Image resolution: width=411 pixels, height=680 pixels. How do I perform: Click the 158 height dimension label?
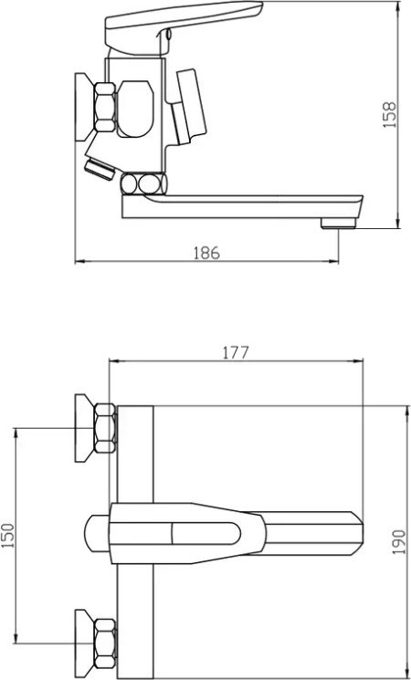coord(390,115)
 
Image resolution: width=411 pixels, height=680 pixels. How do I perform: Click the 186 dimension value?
coord(207,253)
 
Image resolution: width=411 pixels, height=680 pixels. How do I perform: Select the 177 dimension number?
coord(236,352)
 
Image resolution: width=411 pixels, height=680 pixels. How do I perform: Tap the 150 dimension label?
coord(9,535)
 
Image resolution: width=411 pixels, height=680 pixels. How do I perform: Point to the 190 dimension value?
coord(399,541)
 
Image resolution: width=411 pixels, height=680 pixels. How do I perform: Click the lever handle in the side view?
coord(184,26)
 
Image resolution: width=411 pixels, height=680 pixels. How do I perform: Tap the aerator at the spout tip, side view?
coord(338,224)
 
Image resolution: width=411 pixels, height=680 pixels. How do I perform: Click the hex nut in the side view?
coord(105,107)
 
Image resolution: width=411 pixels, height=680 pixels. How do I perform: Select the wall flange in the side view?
coord(85,107)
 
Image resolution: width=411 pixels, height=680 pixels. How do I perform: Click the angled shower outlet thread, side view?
coord(100,169)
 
